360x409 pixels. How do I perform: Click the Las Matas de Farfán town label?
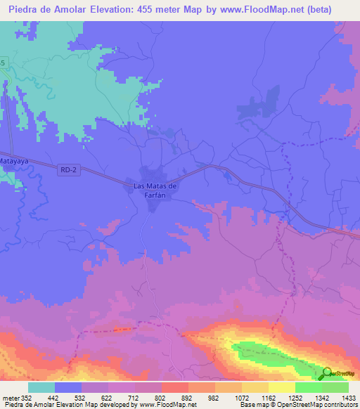coord(155,190)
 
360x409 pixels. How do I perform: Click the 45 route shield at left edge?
coord(3,64)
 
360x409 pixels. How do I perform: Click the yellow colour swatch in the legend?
coord(282,387)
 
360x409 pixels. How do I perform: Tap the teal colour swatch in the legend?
coord(41,387)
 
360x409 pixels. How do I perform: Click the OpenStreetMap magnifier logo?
coord(327,374)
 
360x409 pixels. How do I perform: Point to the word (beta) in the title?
coord(334,10)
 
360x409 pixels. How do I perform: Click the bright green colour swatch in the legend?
coord(308,387)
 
